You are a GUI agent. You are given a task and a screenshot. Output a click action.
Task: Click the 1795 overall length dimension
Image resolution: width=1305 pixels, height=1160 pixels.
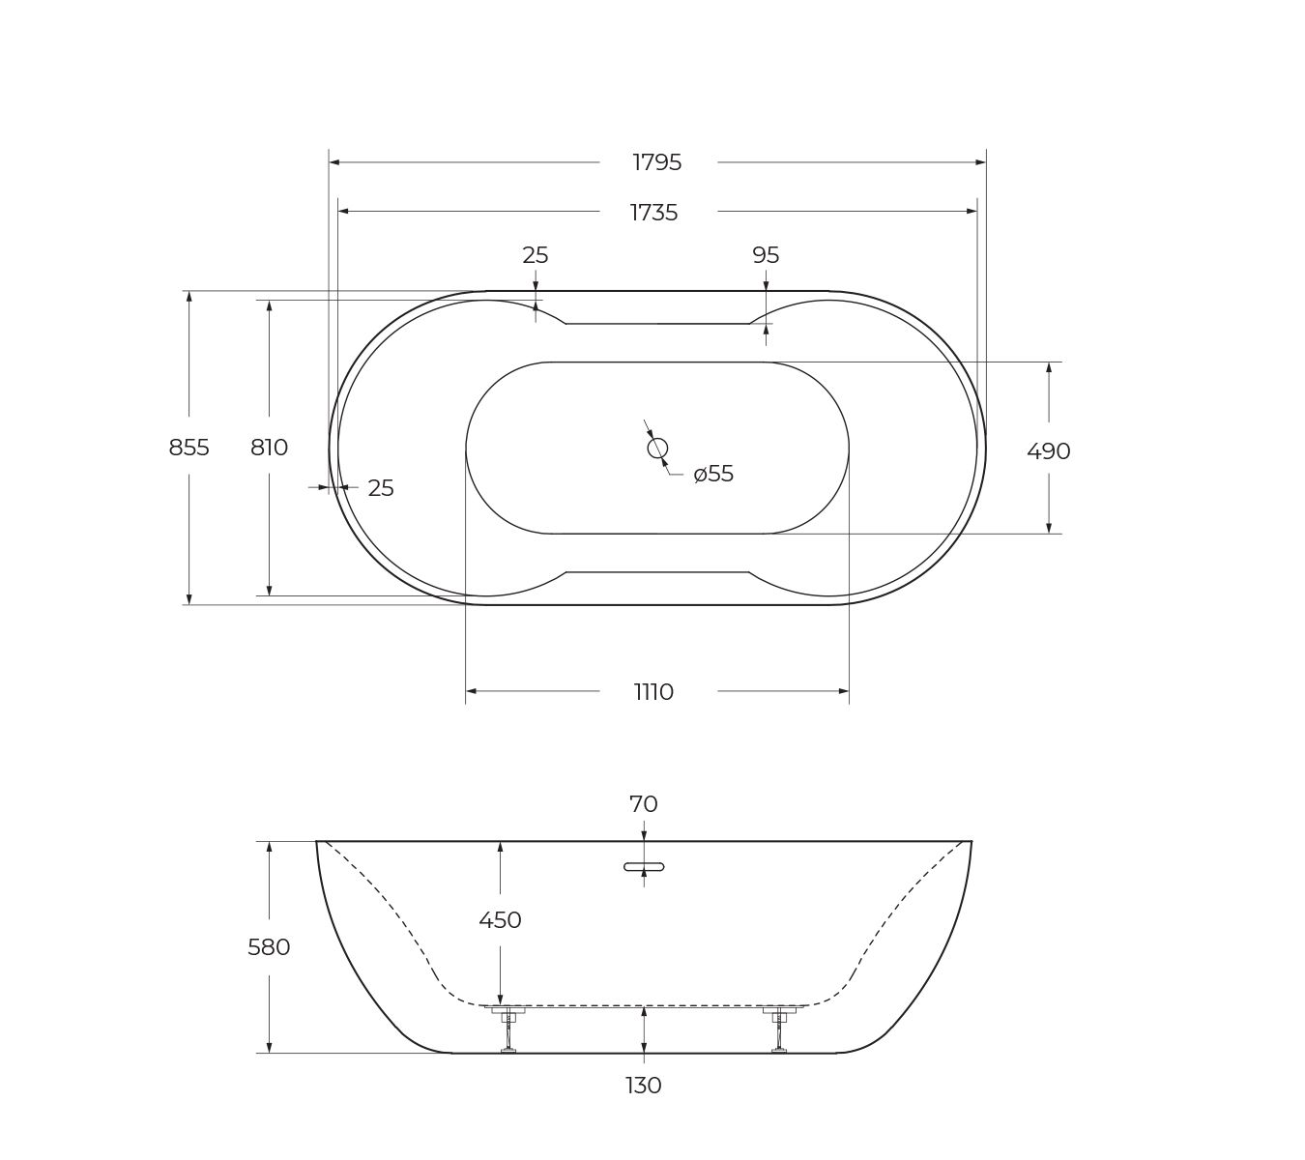coord(656,162)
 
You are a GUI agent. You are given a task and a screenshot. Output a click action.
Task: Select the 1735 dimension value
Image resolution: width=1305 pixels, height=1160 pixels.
coord(653,213)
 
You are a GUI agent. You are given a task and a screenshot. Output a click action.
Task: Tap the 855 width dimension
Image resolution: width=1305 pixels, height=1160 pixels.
coord(188,447)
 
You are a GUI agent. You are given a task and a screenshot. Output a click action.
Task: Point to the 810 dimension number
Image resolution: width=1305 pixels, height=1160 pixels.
coord(270,447)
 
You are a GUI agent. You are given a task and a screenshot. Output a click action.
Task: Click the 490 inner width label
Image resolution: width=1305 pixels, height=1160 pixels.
coord(1049,451)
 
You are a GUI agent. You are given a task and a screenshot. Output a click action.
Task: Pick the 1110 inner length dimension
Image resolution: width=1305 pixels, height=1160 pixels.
coord(653,692)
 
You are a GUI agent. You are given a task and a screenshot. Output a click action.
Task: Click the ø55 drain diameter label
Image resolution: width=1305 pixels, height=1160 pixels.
coord(713,474)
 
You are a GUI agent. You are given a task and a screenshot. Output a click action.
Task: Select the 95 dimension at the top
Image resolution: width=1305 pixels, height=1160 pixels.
coord(766,256)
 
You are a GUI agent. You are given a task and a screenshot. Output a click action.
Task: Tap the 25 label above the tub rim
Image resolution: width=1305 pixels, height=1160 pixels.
coord(536,256)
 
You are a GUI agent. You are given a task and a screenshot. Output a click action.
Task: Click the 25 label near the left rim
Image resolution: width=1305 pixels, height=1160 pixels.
coord(381,488)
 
